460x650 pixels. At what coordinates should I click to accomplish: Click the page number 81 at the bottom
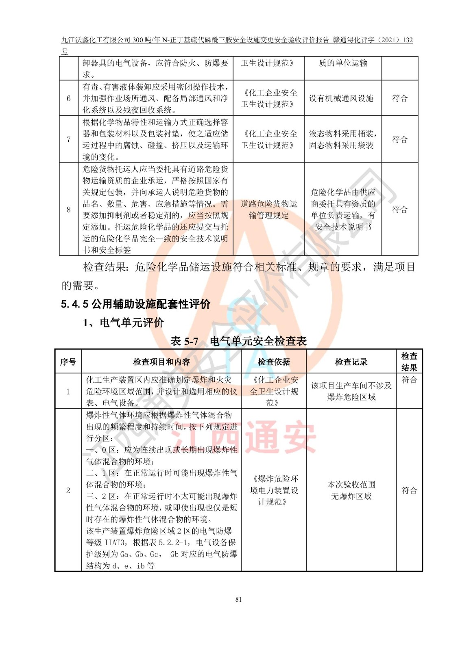[238, 599]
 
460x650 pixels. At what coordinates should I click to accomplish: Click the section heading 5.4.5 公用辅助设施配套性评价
[135, 304]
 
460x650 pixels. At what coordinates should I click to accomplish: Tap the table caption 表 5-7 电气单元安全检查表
[238, 341]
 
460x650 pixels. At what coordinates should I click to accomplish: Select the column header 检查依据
[274, 362]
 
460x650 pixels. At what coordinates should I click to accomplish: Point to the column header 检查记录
[351, 362]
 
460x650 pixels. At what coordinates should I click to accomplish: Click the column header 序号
[68, 362]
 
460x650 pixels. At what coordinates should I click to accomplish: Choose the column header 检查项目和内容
[161, 362]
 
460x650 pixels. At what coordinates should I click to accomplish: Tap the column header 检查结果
[409, 362]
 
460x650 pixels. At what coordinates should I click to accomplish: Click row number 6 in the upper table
[68, 98]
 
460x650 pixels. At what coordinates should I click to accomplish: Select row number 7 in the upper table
[68, 139]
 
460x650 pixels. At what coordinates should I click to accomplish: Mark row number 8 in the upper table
[68, 209]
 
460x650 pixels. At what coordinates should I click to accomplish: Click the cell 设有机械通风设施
[341, 98]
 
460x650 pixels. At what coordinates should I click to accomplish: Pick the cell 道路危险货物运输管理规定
[268, 209]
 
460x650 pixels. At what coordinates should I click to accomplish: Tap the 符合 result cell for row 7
[399, 139]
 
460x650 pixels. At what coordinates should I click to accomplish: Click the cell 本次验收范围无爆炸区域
[351, 490]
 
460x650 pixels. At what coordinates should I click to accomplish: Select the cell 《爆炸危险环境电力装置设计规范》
[274, 490]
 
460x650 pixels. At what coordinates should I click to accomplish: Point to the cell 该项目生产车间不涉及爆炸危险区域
[351, 391]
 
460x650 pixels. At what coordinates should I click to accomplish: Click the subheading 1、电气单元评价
[123, 323]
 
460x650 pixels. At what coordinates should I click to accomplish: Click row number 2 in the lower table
[68, 490]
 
